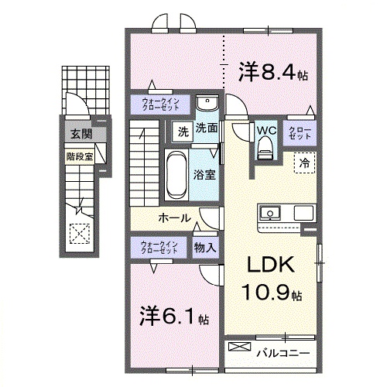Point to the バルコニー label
click(x=283, y=352)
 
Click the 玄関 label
click(x=80, y=135)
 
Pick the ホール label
click(x=176, y=217)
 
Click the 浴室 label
click(x=205, y=175)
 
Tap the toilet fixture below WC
click(x=265, y=152)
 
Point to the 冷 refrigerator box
click(x=305, y=163)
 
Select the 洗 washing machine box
click(x=183, y=131)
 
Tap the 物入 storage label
click(x=205, y=248)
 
